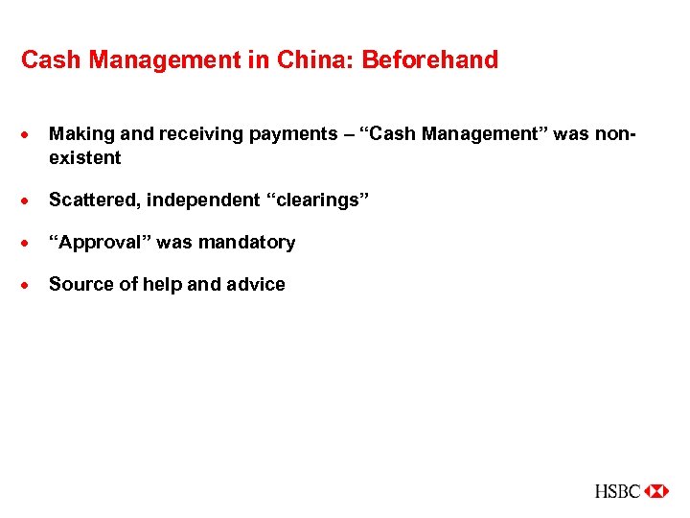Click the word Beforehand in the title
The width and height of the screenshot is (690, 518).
(x=429, y=60)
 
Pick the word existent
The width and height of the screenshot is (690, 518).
(x=85, y=157)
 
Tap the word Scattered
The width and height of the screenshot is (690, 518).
(x=92, y=200)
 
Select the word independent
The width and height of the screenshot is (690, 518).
(x=203, y=200)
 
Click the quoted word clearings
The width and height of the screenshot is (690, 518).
(x=317, y=200)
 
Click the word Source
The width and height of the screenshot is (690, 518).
(x=78, y=284)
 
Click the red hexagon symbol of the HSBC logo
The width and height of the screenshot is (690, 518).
(x=656, y=491)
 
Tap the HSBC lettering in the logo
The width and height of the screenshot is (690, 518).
(x=617, y=491)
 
